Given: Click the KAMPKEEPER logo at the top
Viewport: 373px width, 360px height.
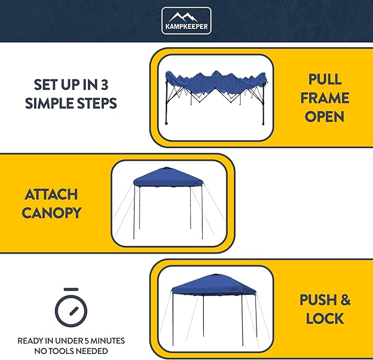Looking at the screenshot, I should (x=186, y=21).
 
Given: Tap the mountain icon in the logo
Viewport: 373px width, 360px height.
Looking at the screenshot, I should (x=186, y=16).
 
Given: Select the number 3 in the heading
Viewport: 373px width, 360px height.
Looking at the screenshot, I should (x=112, y=85).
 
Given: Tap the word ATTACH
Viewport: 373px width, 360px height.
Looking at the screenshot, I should (x=51, y=194).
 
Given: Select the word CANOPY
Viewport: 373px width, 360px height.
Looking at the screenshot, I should (x=51, y=213).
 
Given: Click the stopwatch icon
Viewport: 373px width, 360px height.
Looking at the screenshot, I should (x=71, y=308).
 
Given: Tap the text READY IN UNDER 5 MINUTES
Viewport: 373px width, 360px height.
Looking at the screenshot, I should (x=71, y=341).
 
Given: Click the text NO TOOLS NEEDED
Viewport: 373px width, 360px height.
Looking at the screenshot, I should (x=71, y=351).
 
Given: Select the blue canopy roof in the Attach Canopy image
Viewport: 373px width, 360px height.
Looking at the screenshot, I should (x=168, y=177).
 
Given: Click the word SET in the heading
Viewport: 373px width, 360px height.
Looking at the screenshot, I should (x=46, y=85).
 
